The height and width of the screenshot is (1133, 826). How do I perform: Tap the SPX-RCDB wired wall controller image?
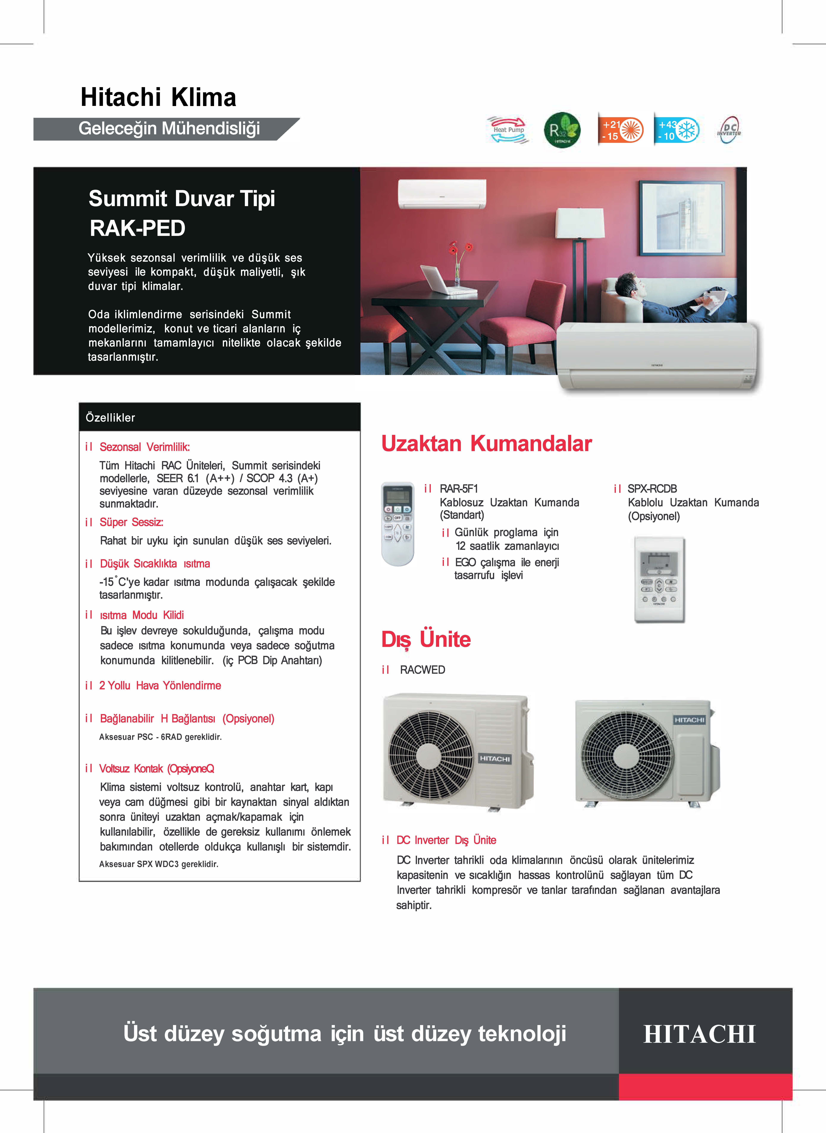pyautogui.click(x=659, y=579)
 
